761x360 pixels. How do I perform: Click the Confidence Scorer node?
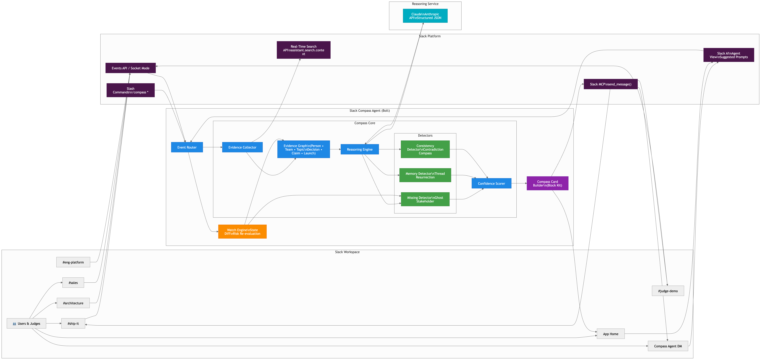(491, 183)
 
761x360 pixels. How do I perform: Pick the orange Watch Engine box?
(242, 232)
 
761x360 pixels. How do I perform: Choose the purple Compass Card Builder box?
(547, 183)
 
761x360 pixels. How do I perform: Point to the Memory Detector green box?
(425, 175)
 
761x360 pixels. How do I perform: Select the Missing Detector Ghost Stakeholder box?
(425, 199)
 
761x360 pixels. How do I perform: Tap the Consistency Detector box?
(425, 149)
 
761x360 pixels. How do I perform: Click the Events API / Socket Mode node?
(131, 68)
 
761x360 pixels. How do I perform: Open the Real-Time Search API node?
(303, 50)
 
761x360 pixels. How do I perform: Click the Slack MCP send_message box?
(611, 84)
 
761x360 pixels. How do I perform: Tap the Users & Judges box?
(26, 323)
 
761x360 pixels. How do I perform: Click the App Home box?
(611, 334)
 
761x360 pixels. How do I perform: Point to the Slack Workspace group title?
(347, 252)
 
